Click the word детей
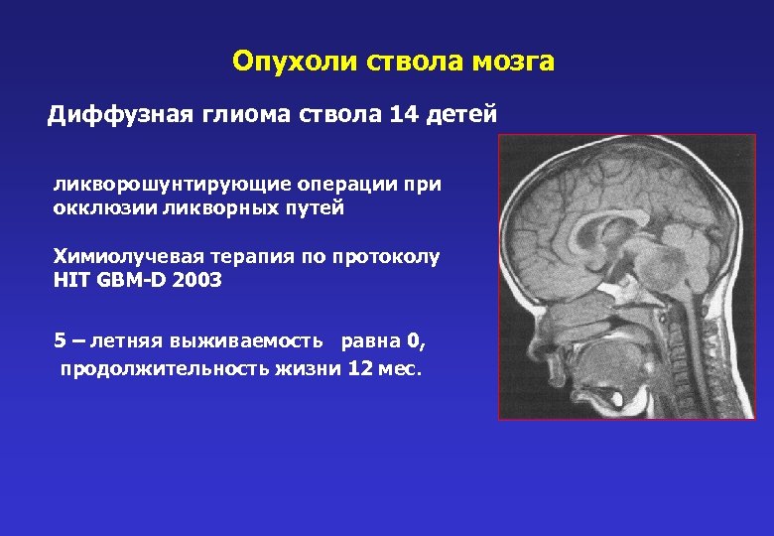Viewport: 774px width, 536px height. click(x=460, y=115)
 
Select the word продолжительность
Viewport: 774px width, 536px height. click(x=149, y=369)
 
